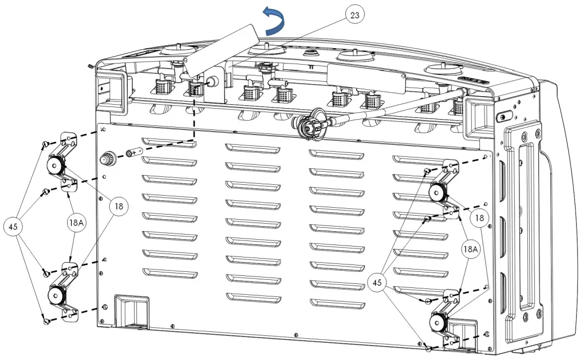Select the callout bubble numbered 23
pos(354,15)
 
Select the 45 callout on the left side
pos(13,226)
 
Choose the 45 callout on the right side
pos(377,282)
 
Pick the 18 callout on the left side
pos(117,205)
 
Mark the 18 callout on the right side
pos(479,217)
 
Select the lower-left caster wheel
pos(55,295)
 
